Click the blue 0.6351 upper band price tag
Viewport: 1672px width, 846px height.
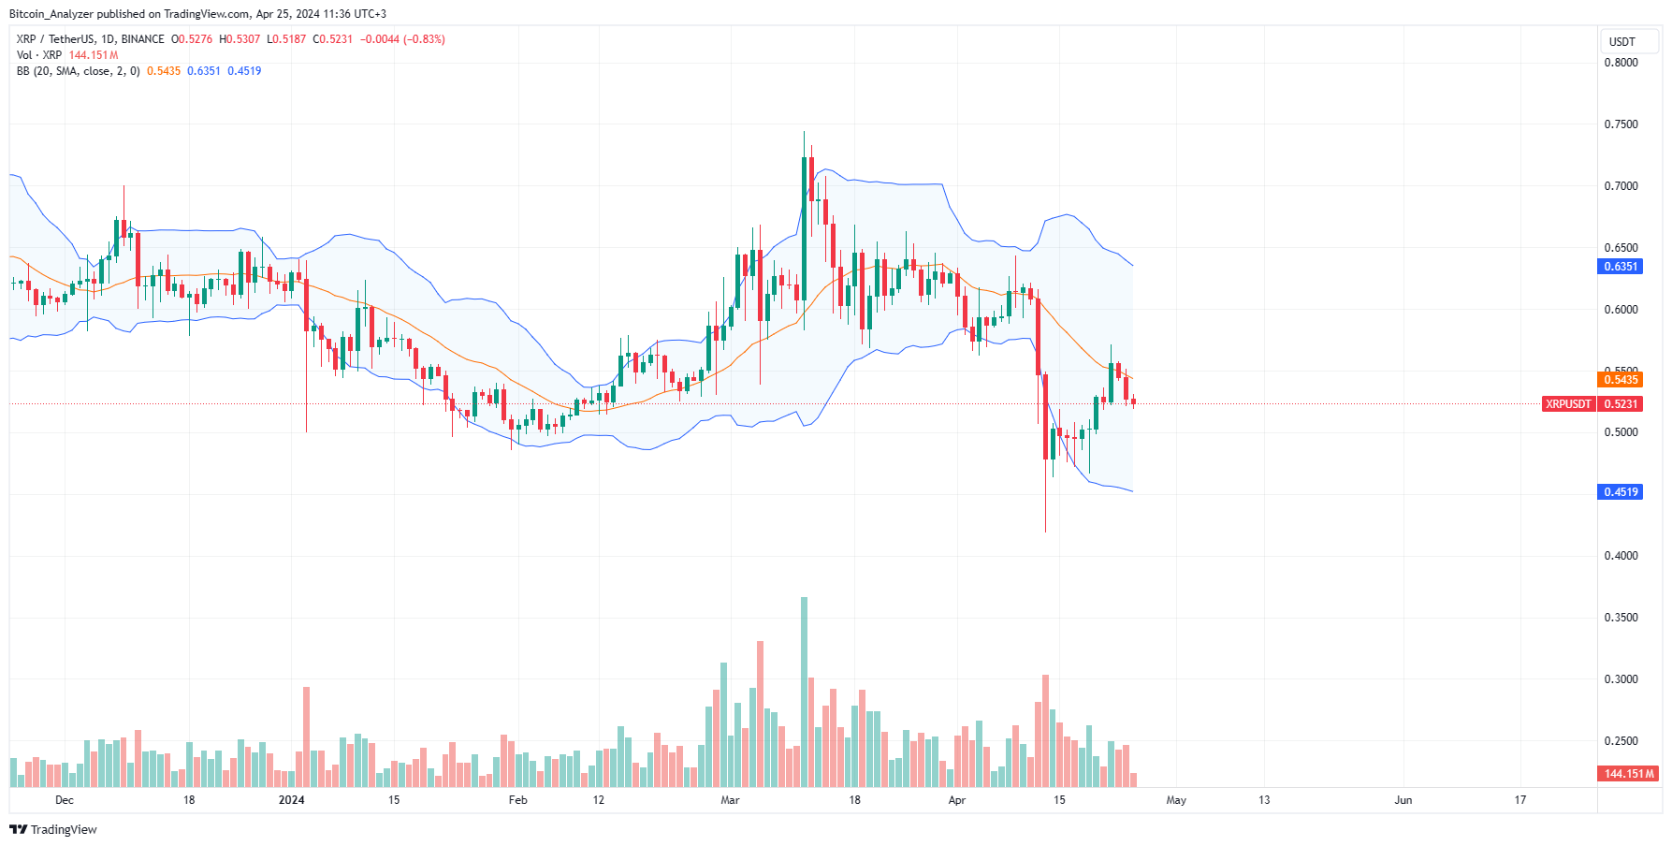click(1621, 267)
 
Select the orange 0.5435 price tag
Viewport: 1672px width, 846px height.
click(1621, 380)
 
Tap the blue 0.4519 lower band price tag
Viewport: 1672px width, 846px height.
click(1621, 492)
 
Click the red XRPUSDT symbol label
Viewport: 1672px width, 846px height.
click(1568, 404)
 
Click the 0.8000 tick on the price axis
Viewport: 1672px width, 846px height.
click(1621, 63)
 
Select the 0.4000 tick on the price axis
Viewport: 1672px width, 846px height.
click(1621, 556)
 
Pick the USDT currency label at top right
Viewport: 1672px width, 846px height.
click(1621, 42)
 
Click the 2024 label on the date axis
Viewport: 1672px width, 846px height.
click(292, 800)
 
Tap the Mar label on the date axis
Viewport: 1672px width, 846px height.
click(730, 800)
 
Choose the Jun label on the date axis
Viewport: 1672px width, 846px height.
click(1403, 800)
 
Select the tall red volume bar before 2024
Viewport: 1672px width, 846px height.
click(306, 737)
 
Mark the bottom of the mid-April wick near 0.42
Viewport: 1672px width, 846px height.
click(1045, 532)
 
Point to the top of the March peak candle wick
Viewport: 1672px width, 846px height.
click(804, 133)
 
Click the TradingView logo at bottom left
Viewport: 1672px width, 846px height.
click(53, 830)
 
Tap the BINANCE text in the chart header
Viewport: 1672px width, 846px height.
click(142, 39)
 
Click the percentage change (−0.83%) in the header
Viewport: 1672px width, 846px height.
click(424, 39)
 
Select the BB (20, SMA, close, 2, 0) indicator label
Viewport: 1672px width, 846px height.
click(78, 71)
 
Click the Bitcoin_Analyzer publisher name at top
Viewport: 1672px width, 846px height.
click(51, 14)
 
